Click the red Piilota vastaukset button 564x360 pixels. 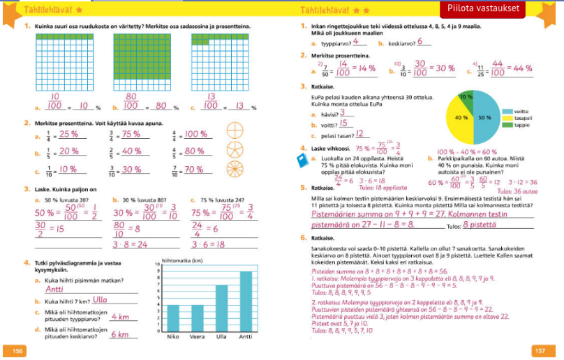(498, 8)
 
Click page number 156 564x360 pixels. (15, 350)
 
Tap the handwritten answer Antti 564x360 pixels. (54, 288)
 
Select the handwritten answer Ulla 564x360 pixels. (91, 300)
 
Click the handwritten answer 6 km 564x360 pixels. (124, 334)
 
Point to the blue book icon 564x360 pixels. (302, 160)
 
